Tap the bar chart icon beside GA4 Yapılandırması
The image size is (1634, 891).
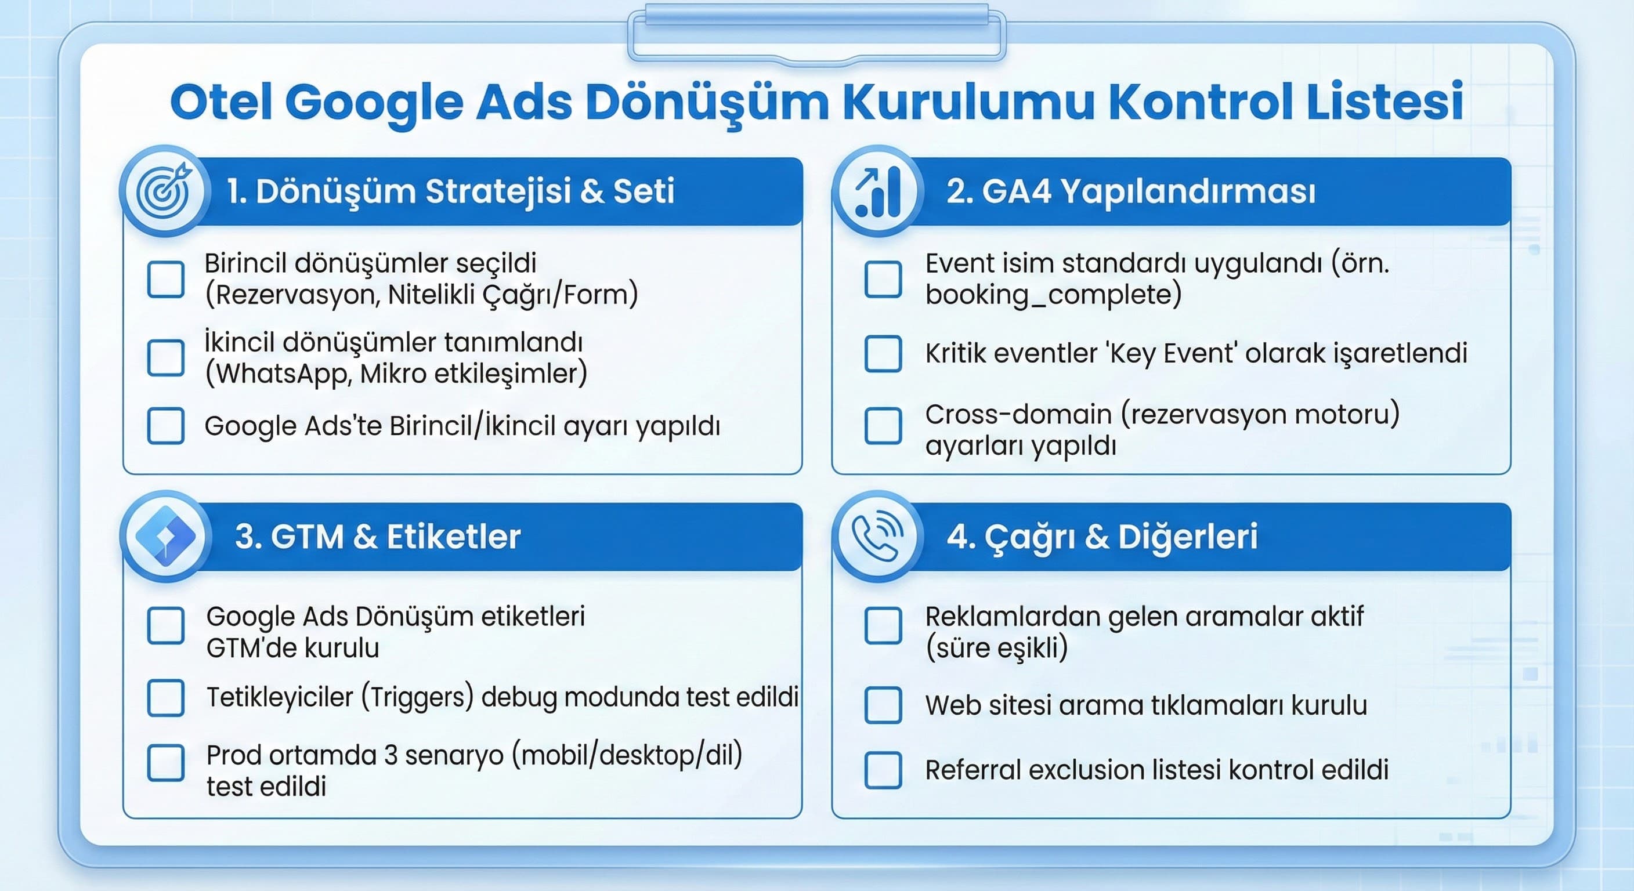tap(878, 191)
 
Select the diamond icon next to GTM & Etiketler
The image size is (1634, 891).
tap(165, 537)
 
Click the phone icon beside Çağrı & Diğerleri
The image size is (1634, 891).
tap(878, 537)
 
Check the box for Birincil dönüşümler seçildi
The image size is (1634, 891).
tap(165, 279)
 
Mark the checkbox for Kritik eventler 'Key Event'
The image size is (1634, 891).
tap(883, 353)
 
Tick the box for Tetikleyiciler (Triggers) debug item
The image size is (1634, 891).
tap(165, 698)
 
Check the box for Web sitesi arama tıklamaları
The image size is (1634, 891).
tap(883, 705)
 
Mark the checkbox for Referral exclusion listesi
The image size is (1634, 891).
tap(883, 770)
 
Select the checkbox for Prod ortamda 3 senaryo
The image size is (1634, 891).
tap(165, 763)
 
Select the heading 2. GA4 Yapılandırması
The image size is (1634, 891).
tap(1130, 191)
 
